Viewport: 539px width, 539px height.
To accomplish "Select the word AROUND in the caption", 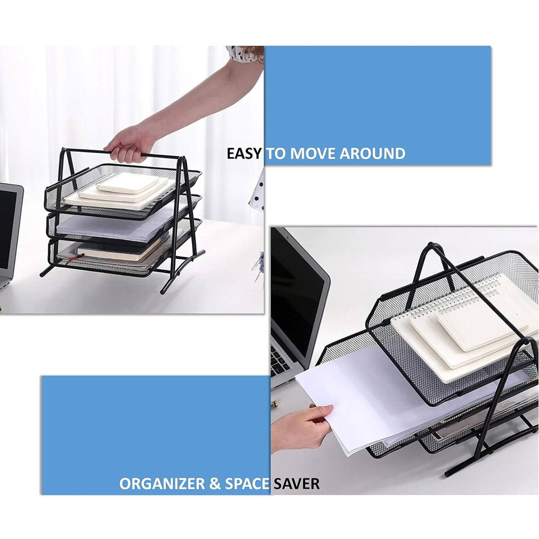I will coord(372,154).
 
